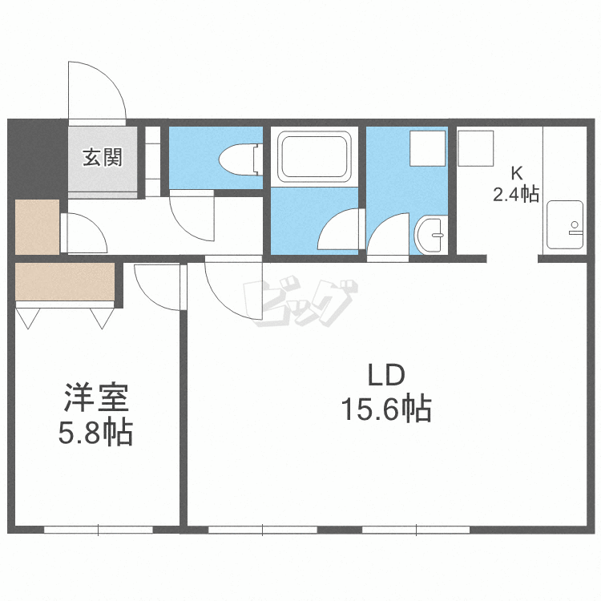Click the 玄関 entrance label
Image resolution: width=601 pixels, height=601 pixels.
coord(103,157)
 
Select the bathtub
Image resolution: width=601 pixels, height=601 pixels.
coord(314,157)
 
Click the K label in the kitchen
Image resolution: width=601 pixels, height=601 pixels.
coord(517,172)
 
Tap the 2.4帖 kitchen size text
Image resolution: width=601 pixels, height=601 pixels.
coord(516,194)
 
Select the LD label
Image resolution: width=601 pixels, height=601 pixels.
coord(388,375)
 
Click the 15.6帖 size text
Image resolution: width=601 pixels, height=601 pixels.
coord(387,410)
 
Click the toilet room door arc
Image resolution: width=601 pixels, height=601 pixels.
coord(192,215)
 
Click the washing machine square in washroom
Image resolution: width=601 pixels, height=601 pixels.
coord(427,148)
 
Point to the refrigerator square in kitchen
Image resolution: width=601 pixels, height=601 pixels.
coord(475,147)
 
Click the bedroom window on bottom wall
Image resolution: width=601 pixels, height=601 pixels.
coord(98,529)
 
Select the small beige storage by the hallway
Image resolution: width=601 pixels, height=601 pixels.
coord(37,228)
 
